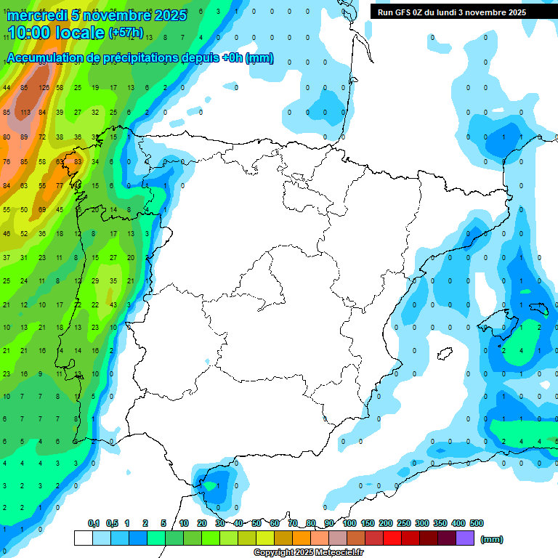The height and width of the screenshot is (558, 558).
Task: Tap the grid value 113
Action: [x=25, y=113]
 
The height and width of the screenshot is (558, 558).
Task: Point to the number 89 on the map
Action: [x=25, y=137]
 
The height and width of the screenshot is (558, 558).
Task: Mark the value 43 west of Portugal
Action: [x=113, y=304]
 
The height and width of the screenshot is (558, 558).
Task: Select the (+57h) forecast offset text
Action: [x=126, y=33]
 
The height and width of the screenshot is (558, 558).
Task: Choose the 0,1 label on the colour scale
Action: [x=94, y=523]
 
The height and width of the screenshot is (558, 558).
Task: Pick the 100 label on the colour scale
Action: [x=349, y=523]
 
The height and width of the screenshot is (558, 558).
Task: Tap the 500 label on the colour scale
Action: [x=477, y=523]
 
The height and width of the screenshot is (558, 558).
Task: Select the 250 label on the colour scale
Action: [x=404, y=523]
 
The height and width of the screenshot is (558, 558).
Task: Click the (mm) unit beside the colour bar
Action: [x=492, y=539]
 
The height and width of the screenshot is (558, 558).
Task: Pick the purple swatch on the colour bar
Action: [x=465, y=538]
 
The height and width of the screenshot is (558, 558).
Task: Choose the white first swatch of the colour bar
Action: [x=83, y=538]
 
